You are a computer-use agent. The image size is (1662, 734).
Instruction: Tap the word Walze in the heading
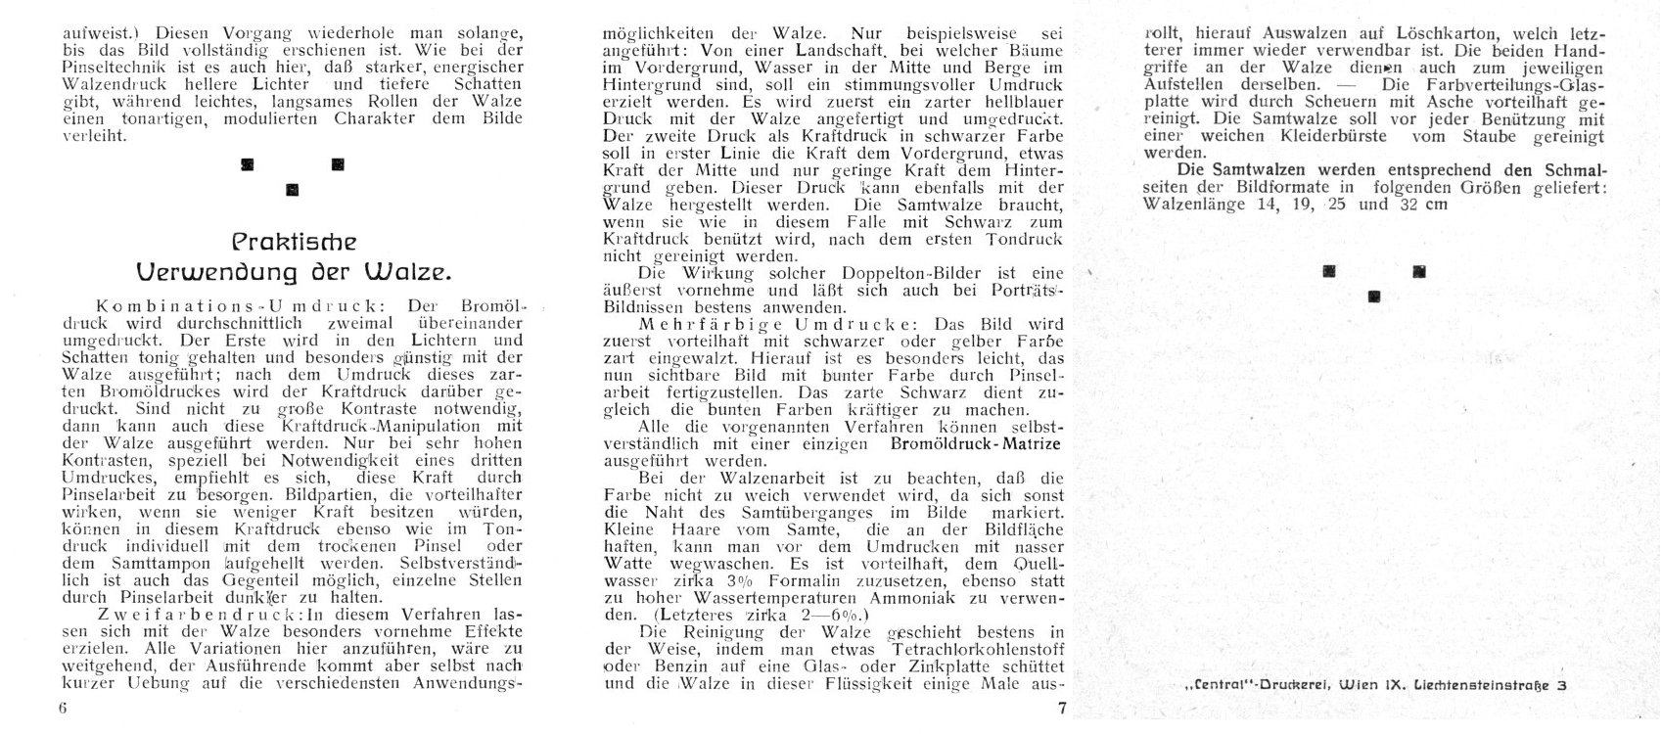pyautogui.click(x=392, y=269)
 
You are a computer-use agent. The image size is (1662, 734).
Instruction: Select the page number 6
pyautogui.click(x=61, y=711)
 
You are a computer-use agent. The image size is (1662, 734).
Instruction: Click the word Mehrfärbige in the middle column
pyautogui.click(x=691, y=323)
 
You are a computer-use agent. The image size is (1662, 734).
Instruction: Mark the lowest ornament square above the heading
pyautogui.click(x=291, y=189)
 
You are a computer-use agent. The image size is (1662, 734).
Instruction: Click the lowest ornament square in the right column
pyautogui.click(x=1374, y=296)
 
